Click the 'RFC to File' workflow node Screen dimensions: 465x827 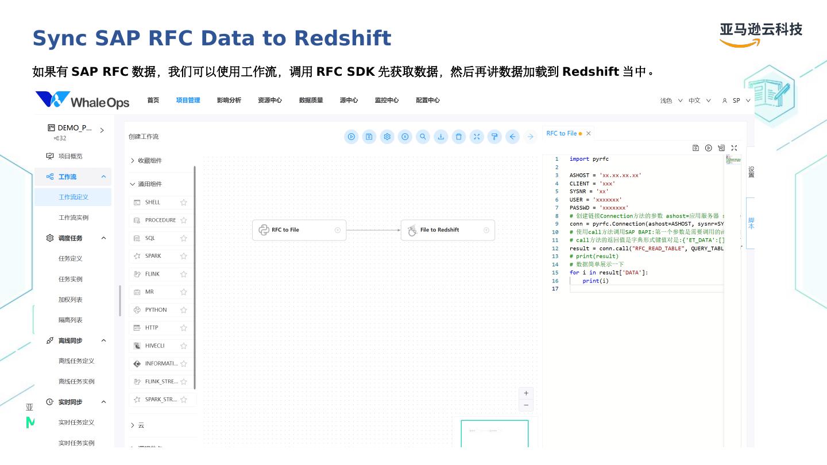[x=299, y=230]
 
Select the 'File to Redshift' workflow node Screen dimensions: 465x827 [x=447, y=230]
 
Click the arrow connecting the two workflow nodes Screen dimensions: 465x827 [x=373, y=230]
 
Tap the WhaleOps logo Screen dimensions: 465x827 [x=82, y=100]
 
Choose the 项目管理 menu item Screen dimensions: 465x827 [x=188, y=100]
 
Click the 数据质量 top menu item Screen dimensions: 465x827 [x=311, y=100]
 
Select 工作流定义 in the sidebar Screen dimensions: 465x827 [x=74, y=197]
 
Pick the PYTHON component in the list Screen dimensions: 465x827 [x=156, y=310]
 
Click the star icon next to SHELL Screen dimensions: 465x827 [x=184, y=203]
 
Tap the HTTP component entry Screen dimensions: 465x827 [x=152, y=328]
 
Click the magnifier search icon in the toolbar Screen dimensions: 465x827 [x=423, y=137]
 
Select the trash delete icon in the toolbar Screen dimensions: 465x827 [x=458, y=137]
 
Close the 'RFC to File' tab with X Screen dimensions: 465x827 [x=588, y=134]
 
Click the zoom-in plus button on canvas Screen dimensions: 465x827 [x=525, y=393]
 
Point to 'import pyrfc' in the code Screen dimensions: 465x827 [x=589, y=159]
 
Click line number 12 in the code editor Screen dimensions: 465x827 [x=555, y=249]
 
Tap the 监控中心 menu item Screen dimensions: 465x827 [x=387, y=100]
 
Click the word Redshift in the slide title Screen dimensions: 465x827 [x=342, y=38]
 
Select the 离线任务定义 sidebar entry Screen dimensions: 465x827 [x=76, y=361]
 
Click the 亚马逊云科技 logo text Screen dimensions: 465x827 [x=761, y=30]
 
